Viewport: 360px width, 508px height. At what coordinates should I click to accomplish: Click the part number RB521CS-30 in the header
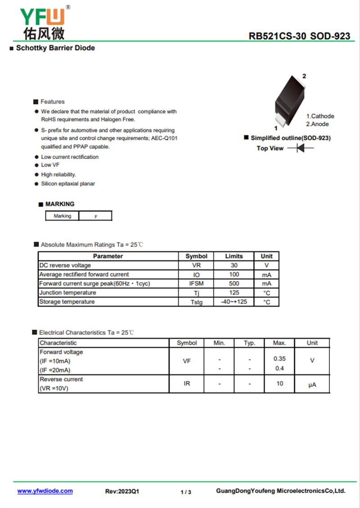(274, 36)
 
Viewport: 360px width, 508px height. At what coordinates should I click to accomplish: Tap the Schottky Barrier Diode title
(55, 48)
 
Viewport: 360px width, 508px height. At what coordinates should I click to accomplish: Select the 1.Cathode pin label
(320, 116)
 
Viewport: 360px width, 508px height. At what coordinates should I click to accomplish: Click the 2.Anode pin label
(317, 124)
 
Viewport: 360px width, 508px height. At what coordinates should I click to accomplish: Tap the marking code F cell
(95, 216)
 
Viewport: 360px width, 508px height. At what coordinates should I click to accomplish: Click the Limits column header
(234, 256)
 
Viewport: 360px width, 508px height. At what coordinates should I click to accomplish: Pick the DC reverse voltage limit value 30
(234, 265)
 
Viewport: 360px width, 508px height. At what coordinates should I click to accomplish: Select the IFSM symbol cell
(196, 283)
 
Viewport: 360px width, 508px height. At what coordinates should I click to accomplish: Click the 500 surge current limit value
(234, 283)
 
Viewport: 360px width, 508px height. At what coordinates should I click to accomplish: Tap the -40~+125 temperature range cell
(234, 302)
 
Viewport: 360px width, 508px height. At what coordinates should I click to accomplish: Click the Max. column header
(279, 343)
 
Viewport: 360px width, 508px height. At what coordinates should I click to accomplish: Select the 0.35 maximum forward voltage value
(279, 359)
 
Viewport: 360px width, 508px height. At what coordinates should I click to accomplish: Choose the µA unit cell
(312, 385)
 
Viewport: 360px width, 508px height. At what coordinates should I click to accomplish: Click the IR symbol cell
(187, 384)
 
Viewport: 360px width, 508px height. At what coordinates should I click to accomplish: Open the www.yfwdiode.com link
(45, 491)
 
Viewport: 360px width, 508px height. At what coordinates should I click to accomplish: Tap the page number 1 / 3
(186, 492)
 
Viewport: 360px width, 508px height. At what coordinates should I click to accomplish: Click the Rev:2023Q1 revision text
(122, 491)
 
